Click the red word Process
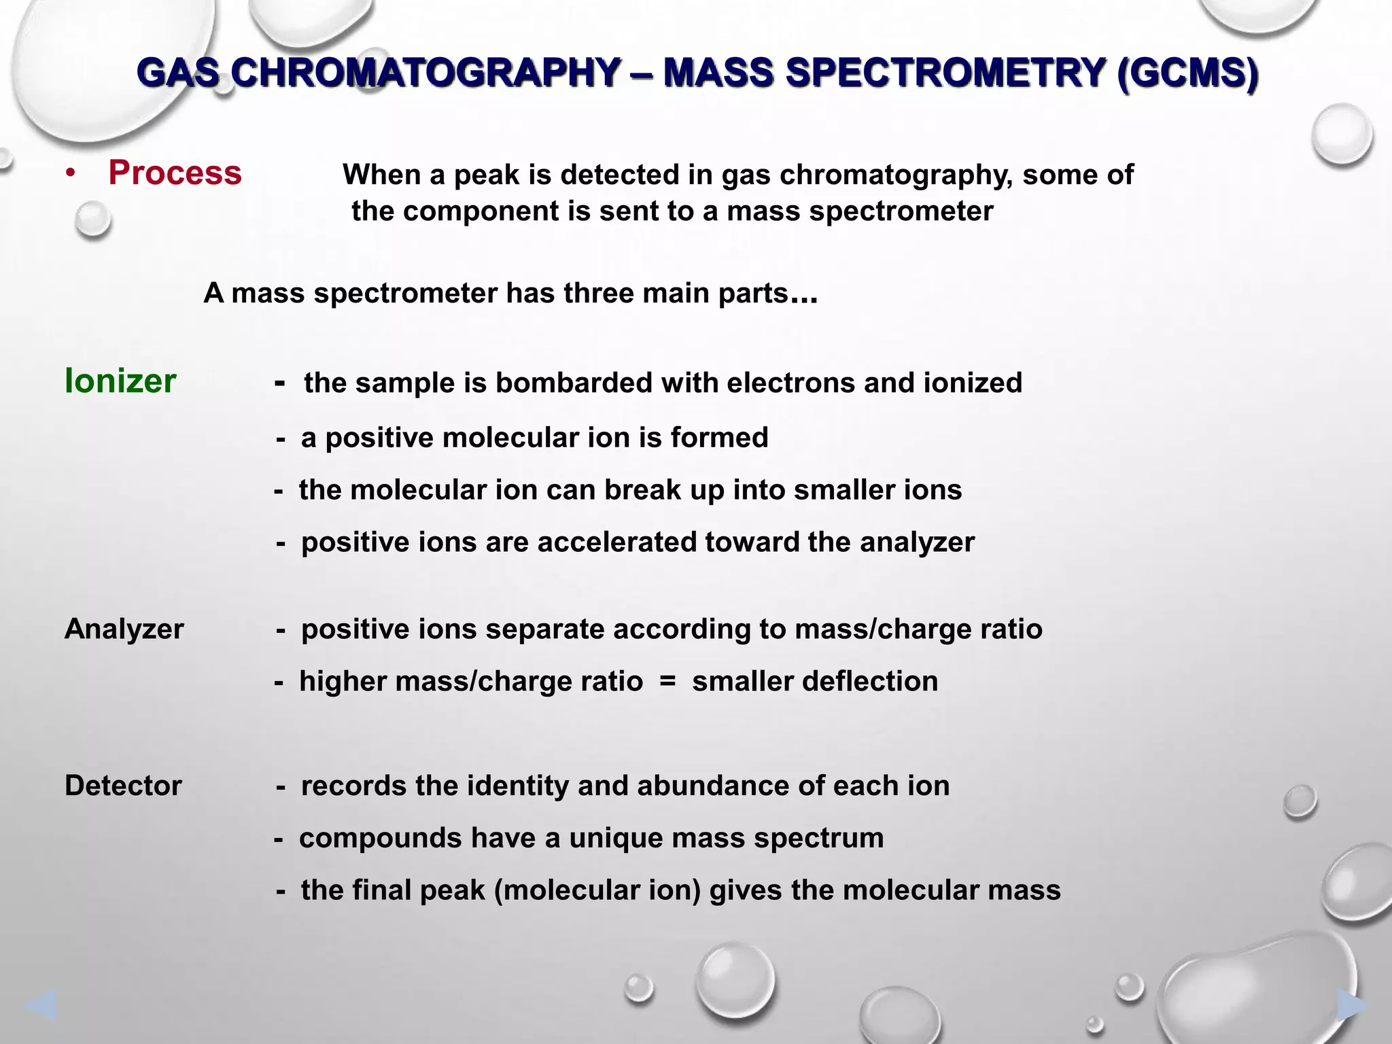point(175,173)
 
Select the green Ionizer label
point(120,381)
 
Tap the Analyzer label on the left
point(124,629)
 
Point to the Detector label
point(123,786)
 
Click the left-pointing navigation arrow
point(39,1006)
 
